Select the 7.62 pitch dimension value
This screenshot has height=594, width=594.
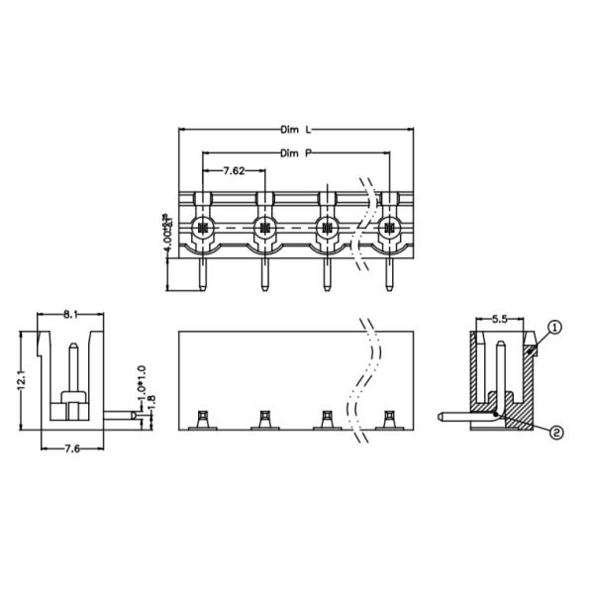(234, 171)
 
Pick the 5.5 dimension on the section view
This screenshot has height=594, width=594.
(500, 320)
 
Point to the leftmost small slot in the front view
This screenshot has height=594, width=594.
(202, 422)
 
